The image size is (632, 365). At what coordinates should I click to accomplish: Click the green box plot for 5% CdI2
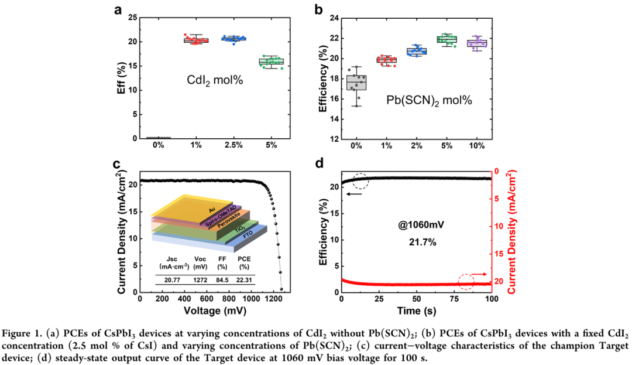(271, 61)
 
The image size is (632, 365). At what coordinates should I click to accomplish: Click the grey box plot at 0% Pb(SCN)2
(357, 83)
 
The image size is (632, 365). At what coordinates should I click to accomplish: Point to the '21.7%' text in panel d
(417, 241)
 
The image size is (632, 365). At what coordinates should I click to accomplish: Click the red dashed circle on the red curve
(466, 282)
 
